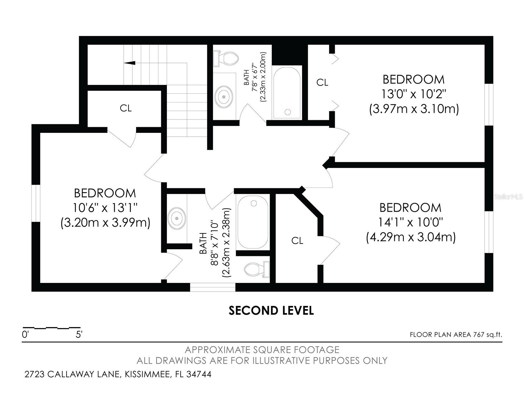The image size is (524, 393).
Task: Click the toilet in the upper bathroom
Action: tap(226, 58)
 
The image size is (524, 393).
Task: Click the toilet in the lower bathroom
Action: tap(257, 269)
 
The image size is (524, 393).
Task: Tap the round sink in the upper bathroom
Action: tap(224, 97)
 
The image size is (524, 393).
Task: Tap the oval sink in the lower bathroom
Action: tap(177, 218)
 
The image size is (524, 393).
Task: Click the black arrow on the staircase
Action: tap(130, 63)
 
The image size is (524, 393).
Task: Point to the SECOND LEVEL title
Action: tap(271, 310)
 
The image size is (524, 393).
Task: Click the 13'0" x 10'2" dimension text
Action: tap(414, 94)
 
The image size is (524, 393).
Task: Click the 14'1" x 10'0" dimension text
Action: tap(410, 222)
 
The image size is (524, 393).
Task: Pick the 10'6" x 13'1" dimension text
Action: tap(105, 208)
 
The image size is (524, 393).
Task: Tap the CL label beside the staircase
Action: tap(126, 108)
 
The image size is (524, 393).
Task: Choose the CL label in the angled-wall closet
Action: tap(297, 241)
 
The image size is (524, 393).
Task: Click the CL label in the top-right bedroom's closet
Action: tap(322, 83)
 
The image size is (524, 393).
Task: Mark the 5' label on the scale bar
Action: tap(79, 335)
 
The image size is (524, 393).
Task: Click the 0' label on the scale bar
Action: tap(25, 335)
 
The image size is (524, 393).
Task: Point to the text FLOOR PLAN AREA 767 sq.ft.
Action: tap(456, 334)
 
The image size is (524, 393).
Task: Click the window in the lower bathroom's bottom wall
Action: tap(213, 287)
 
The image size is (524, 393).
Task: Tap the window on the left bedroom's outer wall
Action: tap(36, 203)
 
